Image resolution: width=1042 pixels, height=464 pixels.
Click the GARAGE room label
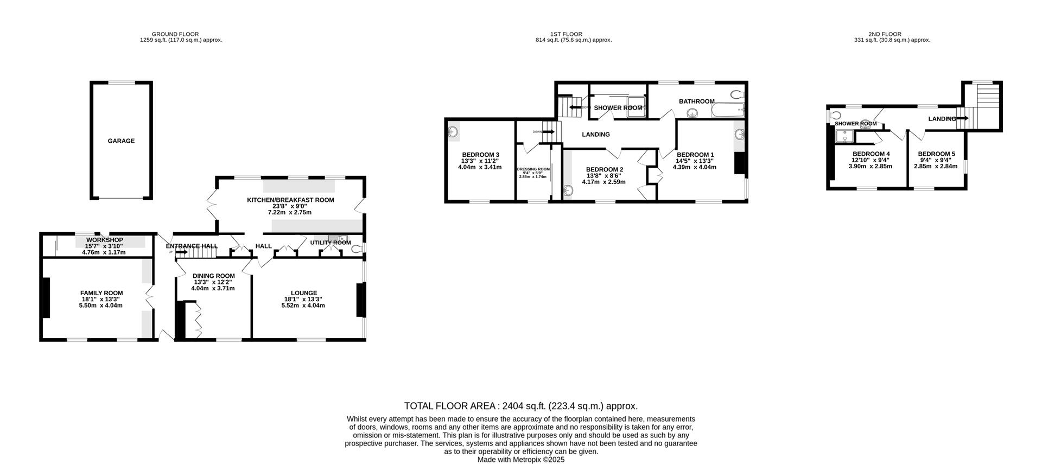coord(121,141)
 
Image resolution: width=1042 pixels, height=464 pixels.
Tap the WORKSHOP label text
coord(104,240)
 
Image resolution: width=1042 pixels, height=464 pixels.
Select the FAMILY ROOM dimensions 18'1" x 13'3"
coord(100,299)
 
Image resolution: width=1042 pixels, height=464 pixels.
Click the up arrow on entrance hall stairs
coord(181,252)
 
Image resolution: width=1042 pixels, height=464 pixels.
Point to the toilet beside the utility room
coord(357,249)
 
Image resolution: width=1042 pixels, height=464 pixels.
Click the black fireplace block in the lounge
coord(360,300)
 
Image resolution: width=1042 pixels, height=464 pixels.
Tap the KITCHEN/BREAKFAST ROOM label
coord(290,200)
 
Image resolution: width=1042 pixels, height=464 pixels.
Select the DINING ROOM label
coord(213,276)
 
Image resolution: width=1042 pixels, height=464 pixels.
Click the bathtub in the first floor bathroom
coord(727,111)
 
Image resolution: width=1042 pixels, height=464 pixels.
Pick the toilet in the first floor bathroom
coord(737,94)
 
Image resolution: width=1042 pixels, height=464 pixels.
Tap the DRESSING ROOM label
coord(533,169)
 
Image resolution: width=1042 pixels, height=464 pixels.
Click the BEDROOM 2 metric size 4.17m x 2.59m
coord(603,182)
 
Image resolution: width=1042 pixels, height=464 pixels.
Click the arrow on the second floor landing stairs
coord(963,118)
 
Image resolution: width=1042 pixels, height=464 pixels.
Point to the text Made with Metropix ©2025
coord(521,460)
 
